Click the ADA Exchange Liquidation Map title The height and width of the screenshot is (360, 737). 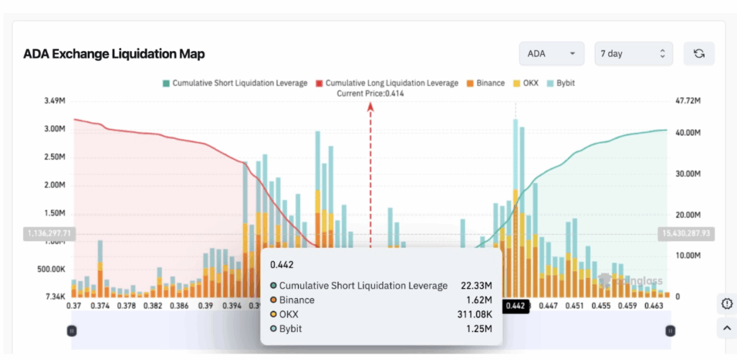pyautogui.click(x=114, y=54)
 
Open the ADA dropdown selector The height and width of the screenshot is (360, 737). pyautogui.click(x=551, y=54)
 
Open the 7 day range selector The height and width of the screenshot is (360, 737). pyautogui.click(x=633, y=54)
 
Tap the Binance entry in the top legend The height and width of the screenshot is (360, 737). pyautogui.click(x=490, y=83)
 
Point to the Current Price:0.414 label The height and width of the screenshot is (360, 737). pyautogui.click(x=371, y=94)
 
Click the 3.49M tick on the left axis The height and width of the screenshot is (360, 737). pyautogui.click(x=55, y=101)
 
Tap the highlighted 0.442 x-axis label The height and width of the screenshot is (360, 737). pyautogui.click(x=515, y=306)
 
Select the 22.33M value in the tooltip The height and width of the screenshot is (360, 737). pyautogui.click(x=476, y=286)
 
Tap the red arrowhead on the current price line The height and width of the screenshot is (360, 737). pyautogui.click(x=371, y=107)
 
